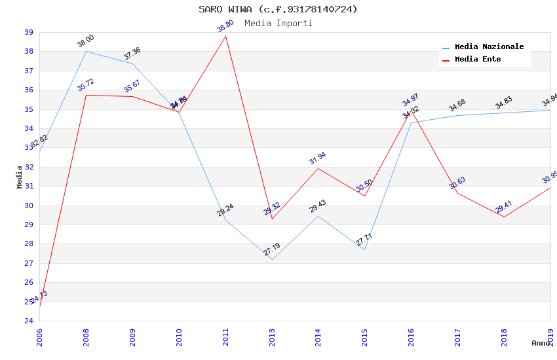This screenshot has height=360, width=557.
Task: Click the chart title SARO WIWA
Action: [278, 9]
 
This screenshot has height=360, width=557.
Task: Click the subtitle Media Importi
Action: [278, 23]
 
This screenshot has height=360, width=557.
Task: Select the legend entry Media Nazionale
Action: [489, 47]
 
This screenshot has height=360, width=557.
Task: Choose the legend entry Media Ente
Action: [477, 60]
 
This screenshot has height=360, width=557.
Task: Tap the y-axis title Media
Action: [19, 177]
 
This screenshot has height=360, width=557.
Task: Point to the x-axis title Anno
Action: [540, 343]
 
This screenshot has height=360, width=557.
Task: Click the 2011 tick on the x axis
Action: [225, 336]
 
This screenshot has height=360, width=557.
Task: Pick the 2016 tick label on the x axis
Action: [411, 336]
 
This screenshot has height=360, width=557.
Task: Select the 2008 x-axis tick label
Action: [86, 336]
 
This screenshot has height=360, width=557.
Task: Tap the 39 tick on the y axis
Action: [29, 32]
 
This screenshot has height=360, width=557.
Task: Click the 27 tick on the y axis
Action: [29, 263]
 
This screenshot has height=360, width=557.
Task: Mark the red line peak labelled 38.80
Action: [226, 36]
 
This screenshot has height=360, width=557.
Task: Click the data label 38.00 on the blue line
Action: [86, 41]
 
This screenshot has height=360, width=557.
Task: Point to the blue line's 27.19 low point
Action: [271, 259]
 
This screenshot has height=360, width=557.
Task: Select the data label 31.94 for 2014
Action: [318, 158]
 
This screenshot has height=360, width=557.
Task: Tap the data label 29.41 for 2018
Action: [503, 207]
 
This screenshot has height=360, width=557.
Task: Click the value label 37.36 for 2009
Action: [132, 54]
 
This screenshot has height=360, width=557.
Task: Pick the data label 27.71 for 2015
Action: [364, 240]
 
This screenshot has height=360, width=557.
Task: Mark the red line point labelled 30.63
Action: [457, 192]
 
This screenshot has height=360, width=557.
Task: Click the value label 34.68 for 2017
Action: [457, 105]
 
